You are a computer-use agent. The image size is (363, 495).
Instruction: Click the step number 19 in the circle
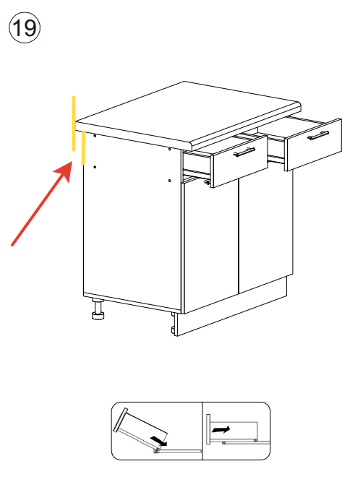point(25,27)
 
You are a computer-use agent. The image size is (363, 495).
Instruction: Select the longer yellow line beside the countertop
point(74,124)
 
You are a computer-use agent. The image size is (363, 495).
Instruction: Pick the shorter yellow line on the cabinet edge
point(83,147)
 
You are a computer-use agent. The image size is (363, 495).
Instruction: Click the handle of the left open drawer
point(244,152)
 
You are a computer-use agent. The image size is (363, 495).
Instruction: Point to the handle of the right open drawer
point(318,135)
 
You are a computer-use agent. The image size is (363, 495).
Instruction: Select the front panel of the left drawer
point(240,161)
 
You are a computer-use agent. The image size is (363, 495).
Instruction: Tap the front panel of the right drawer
point(313,145)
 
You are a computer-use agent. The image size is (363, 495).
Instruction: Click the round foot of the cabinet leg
point(98,315)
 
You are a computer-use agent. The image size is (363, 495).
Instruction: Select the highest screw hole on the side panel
point(95,136)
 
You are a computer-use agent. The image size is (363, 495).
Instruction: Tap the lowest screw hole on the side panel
point(170,181)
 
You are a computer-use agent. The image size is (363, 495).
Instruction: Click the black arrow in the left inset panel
point(158,441)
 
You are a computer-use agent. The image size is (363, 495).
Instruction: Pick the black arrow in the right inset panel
point(221,430)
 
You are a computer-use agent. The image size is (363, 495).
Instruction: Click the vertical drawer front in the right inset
point(208,429)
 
